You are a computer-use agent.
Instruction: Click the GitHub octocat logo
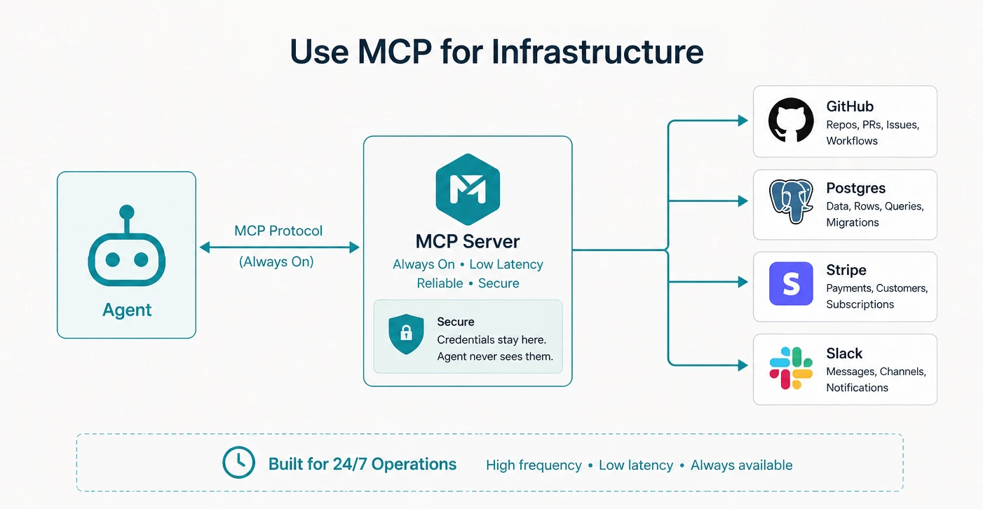[791, 121]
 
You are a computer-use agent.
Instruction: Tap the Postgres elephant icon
[791, 201]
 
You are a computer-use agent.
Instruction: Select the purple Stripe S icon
[791, 284]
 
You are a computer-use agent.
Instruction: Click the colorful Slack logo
[791, 368]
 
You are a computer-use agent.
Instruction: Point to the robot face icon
[126, 259]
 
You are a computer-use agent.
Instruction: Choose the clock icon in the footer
[238, 463]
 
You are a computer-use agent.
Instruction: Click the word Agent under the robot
[127, 310]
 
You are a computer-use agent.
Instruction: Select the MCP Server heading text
[468, 242]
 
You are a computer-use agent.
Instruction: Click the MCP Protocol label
[278, 231]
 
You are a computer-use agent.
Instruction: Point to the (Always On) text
[276, 262]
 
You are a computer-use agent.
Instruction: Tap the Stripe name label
[846, 270]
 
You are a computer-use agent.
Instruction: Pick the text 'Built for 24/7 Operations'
[362, 464]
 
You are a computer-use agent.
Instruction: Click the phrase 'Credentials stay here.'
[491, 339]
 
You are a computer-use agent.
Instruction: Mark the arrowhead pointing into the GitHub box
[743, 121]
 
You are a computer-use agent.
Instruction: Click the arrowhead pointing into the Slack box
[743, 365]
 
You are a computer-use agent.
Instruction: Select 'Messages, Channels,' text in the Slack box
[876, 372]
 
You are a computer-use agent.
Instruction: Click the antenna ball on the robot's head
[126, 212]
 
